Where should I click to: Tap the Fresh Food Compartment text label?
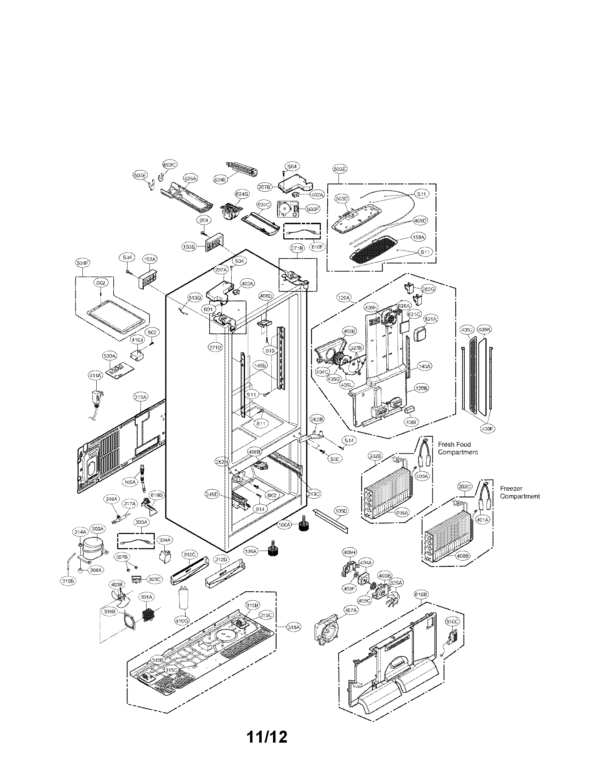458,448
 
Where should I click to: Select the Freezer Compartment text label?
519,492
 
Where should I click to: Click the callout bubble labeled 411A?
95,375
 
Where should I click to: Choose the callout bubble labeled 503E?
340,169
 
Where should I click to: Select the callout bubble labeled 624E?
220,180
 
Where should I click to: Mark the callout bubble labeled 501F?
83,263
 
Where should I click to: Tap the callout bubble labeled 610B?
421,594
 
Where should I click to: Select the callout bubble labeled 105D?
341,511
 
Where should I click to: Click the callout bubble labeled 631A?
431,319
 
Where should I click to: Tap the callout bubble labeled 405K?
484,330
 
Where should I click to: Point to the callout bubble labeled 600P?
312,209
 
